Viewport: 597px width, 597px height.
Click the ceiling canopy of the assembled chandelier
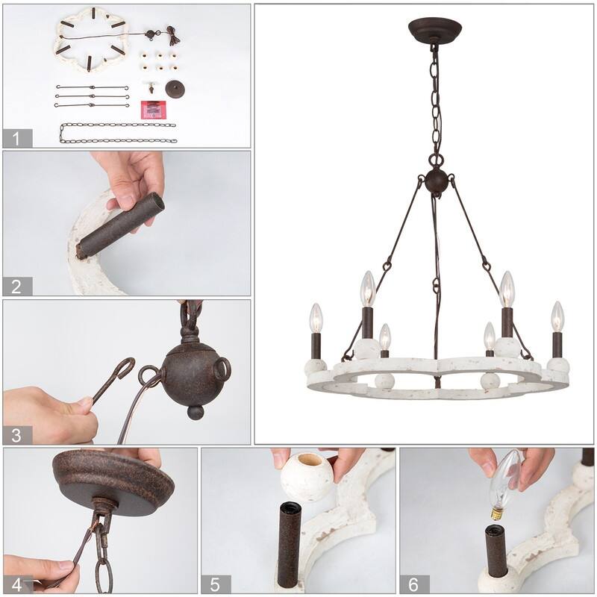434,31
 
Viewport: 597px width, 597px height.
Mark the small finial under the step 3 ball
195,412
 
